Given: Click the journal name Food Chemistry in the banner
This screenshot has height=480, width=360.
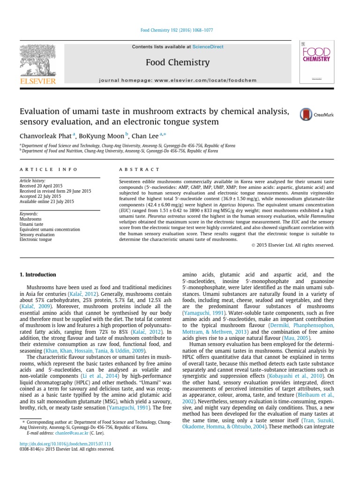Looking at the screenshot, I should pos(177,62).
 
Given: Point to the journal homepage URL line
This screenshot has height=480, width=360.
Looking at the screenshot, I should pos(178,80).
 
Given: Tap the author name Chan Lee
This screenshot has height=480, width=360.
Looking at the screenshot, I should pos(145,135).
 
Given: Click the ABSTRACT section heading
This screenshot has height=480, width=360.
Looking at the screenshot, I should pos(140,169).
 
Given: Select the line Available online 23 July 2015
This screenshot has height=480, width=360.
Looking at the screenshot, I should pos(46,201).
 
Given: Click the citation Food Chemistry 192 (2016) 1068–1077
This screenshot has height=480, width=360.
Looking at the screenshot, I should pos(177,30).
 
